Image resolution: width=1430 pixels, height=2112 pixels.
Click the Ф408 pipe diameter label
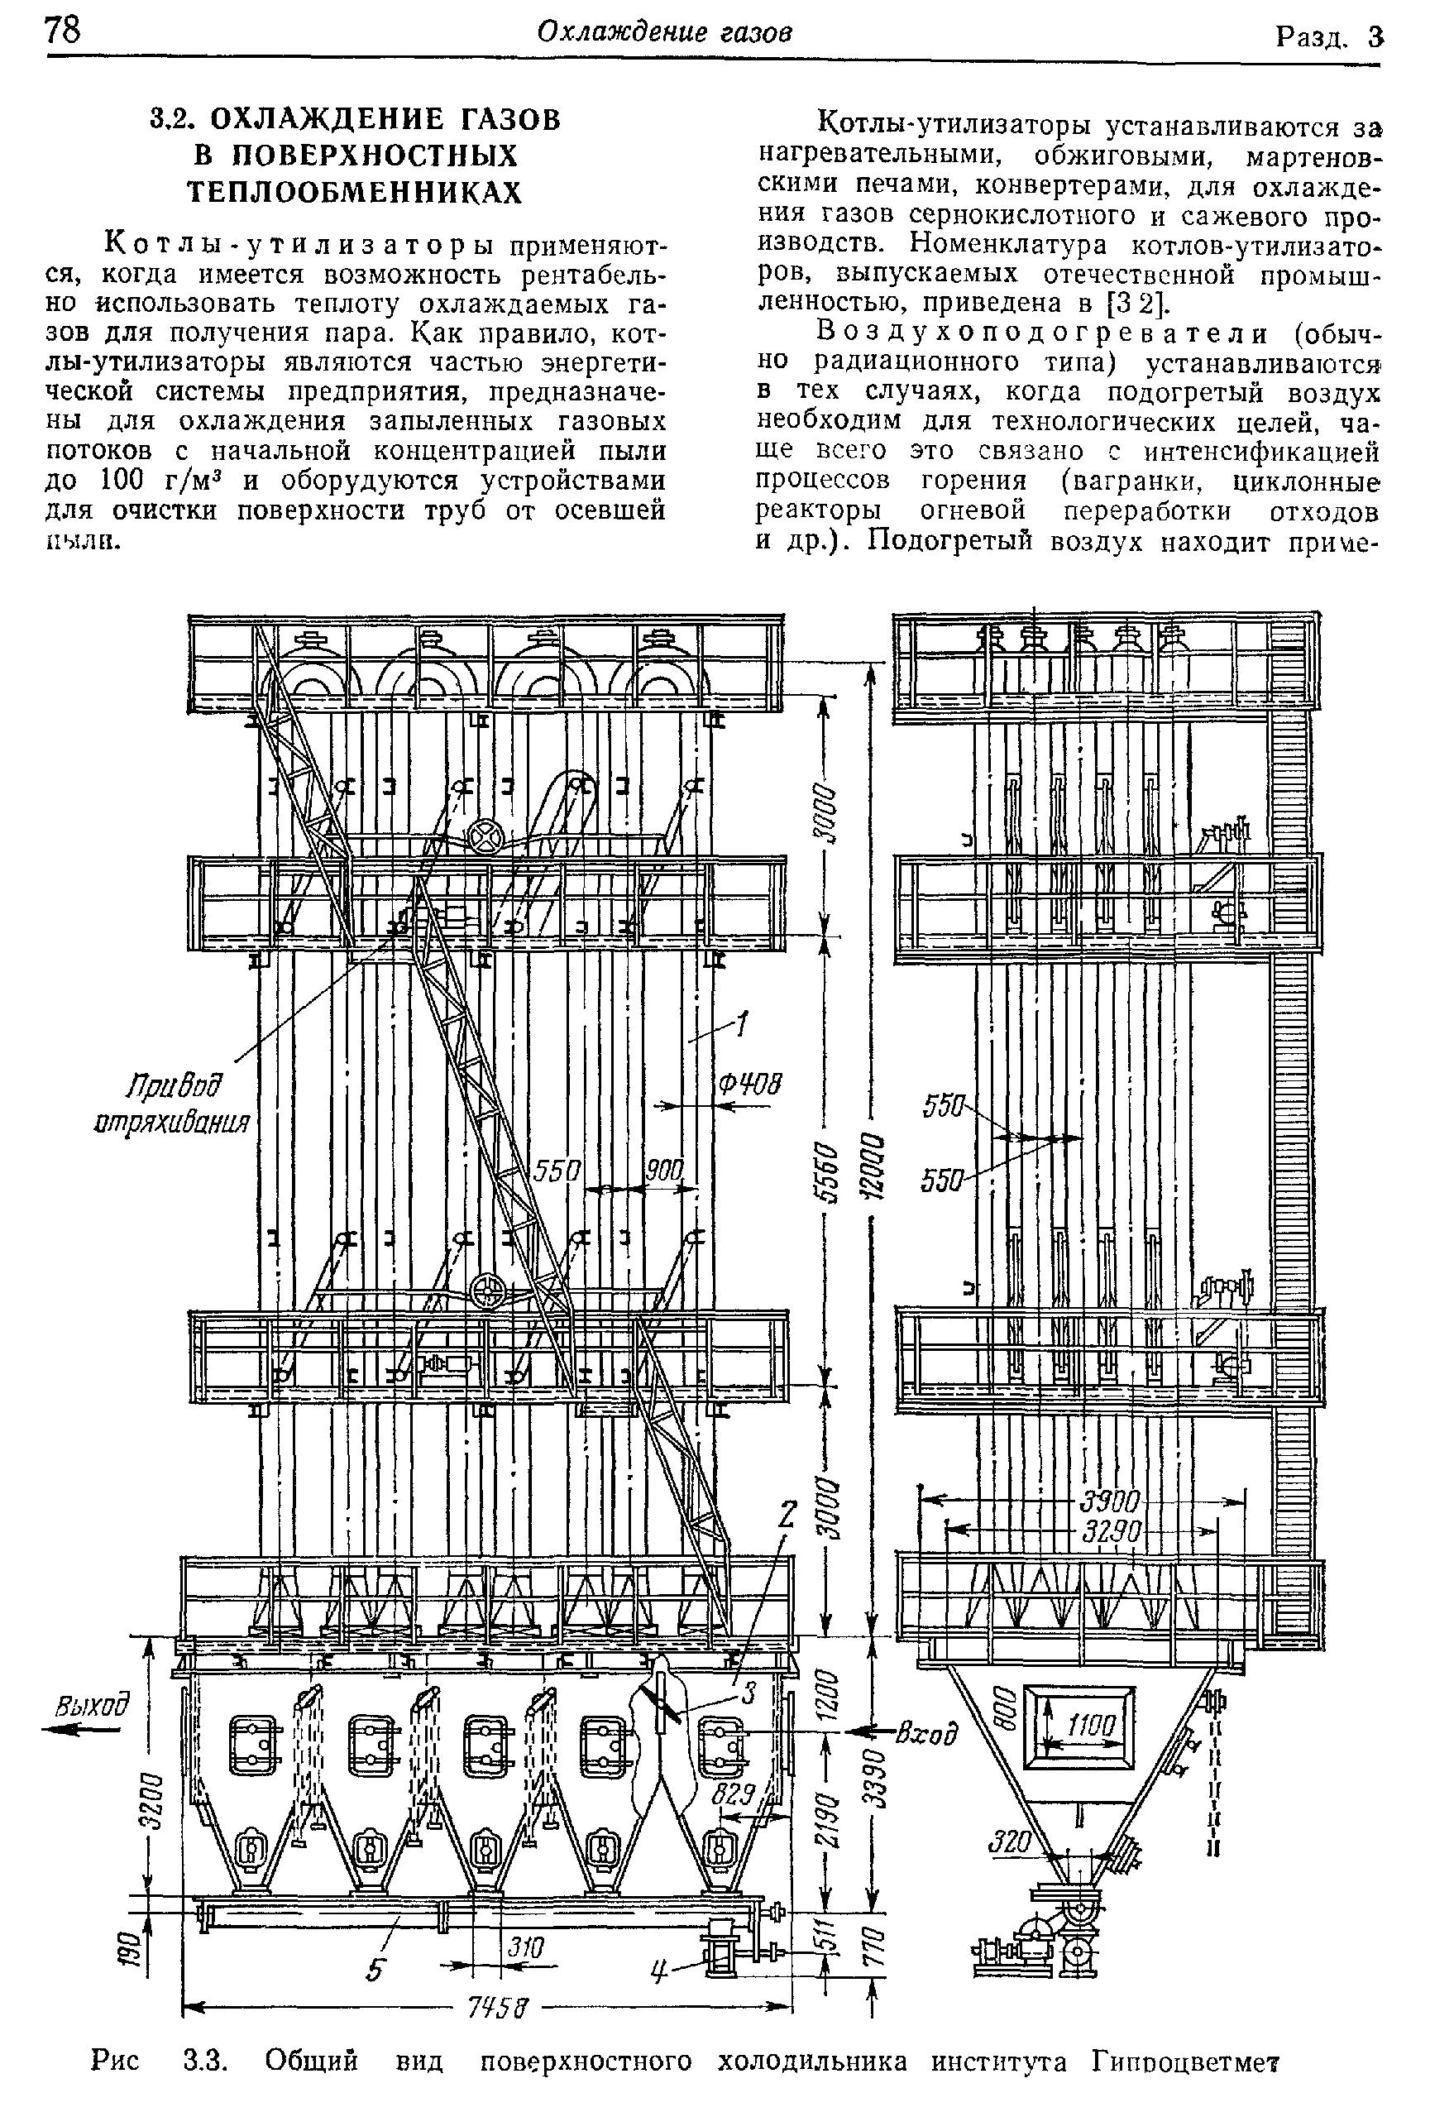(x=750, y=1085)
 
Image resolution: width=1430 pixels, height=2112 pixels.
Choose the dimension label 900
(x=662, y=1171)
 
